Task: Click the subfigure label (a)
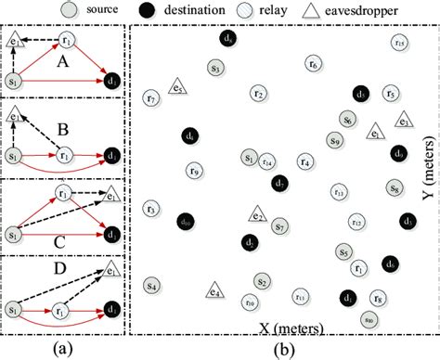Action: (64, 348)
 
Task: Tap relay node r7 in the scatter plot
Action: (152, 97)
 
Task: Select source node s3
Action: (214, 68)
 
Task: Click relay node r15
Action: (398, 42)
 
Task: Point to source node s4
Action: (151, 286)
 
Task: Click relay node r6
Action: (313, 64)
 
